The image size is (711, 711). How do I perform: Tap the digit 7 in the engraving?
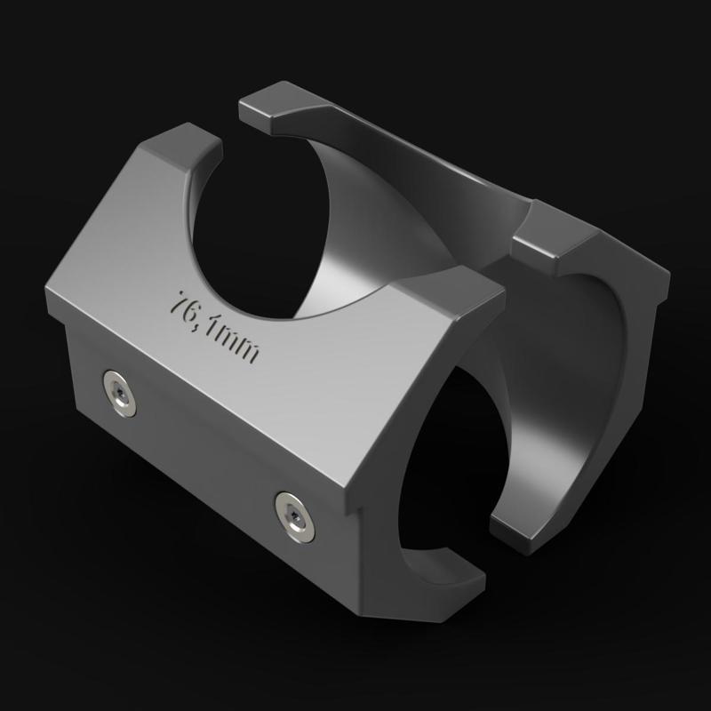tap(184, 301)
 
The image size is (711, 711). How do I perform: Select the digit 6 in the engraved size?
tap(196, 311)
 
